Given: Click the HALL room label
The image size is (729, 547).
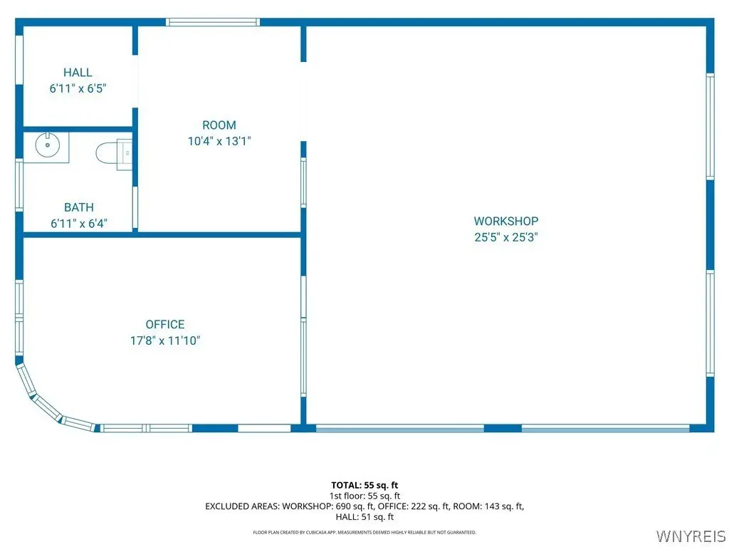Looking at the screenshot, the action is [x=78, y=73].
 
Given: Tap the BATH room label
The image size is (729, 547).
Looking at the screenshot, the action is [x=79, y=207].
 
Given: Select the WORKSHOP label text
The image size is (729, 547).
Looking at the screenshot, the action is [x=506, y=221].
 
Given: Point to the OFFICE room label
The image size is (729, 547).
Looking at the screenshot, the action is [x=165, y=324].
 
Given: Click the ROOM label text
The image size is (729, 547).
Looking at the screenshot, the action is [x=219, y=125].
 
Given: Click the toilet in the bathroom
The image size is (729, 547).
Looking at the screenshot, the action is [x=114, y=152].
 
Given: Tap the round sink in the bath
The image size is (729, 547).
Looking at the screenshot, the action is [x=48, y=145].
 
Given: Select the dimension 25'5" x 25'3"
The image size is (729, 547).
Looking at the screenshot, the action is [x=506, y=237].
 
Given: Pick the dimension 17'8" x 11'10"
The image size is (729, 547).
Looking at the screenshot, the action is [x=165, y=340].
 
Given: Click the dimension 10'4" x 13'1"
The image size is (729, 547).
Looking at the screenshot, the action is [x=219, y=141].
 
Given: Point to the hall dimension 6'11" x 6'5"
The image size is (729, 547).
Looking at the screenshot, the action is [x=78, y=88].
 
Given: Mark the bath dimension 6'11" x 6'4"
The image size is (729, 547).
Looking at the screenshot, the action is [x=79, y=224].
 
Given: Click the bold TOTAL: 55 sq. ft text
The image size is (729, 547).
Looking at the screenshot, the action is [x=364, y=486].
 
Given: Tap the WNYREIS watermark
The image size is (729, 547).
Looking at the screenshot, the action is [x=691, y=536].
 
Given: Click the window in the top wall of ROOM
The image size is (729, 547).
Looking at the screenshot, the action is [x=213, y=22].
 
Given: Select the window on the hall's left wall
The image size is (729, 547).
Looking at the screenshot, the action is [x=19, y=60].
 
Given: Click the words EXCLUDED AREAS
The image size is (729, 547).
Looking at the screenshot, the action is [x=242, y=506].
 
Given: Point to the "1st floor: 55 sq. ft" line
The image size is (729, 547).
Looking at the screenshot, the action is [x=364, y=496].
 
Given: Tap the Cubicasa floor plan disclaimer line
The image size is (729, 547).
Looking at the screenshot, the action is [x=364, y=533].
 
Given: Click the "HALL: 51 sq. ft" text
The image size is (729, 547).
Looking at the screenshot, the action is [x=364, y=517].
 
